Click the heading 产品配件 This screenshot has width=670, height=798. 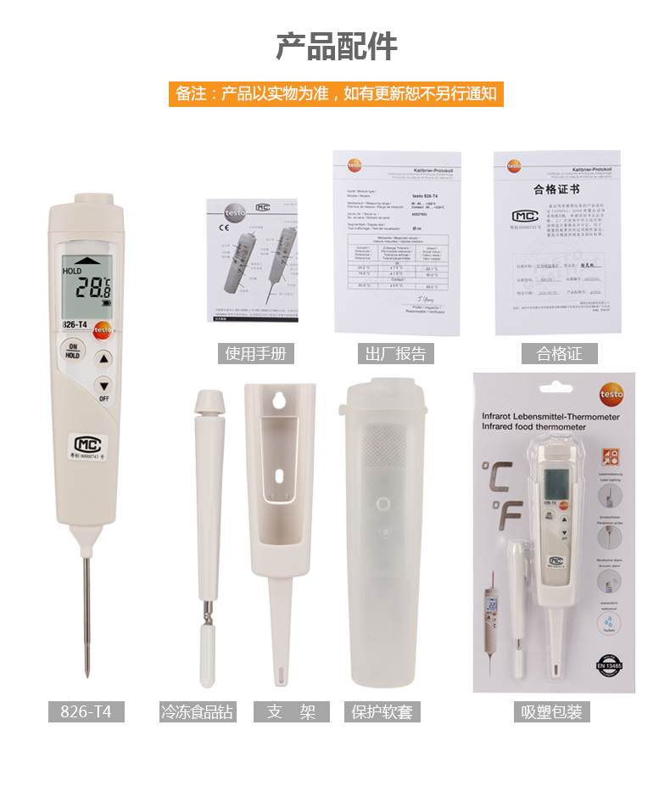tap(336, 47)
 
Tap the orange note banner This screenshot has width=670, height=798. tap(336, 93)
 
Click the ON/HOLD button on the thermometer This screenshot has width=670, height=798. tap(73, 351)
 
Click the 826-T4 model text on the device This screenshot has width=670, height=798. tap(76, 324)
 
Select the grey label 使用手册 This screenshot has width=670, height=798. tap(255, 353)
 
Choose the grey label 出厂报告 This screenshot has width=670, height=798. tap(395, 353)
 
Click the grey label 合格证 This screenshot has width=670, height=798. tap(559, 353)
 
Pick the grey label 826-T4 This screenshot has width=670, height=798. tap(86, 711)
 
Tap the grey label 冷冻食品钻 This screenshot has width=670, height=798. tap(197, 711)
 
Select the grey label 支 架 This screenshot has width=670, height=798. tap(292, 711)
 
